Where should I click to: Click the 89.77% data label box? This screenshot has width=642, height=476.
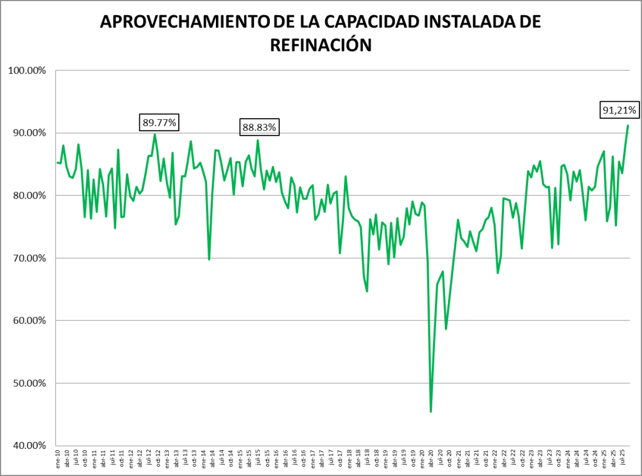159,122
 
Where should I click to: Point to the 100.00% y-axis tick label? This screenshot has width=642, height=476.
27,70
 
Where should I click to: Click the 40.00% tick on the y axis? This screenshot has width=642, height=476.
28,446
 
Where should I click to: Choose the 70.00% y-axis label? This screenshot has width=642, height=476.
28,258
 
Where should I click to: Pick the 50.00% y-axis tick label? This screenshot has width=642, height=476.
28,383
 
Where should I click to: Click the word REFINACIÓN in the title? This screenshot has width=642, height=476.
321,45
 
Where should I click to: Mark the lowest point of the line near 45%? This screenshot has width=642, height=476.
431,411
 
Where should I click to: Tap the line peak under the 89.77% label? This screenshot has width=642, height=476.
155,134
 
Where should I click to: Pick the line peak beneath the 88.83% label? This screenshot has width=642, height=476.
258,140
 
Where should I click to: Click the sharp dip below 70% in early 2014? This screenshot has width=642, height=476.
209,259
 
